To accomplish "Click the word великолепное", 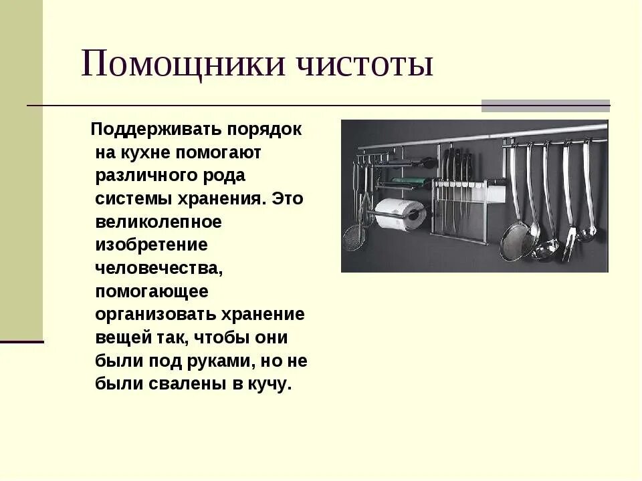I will pyautogui.click(x=158, y=222).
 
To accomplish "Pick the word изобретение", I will pyautogui.click(x=151, y=245).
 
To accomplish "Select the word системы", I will pyautogui.click(x=129, y=198).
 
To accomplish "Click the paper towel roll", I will pyautogui.click(x=399, y=213).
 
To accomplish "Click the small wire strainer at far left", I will pyautogui.click(x=354, y=238).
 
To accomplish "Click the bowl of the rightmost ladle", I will pyautogui.click(x=587, y=233).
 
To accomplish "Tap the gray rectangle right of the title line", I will pyautogui.click(x=546, y=106).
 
